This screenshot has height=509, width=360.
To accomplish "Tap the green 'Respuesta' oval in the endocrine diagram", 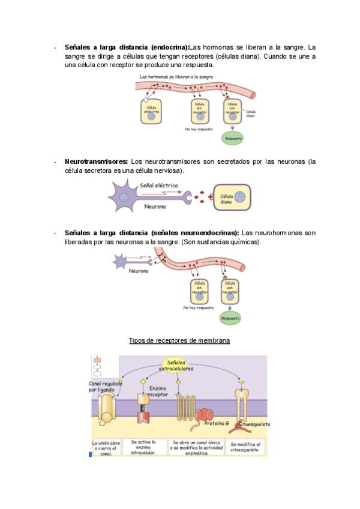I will (x=232, y=137).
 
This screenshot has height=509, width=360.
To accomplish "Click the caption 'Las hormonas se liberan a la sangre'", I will (x=176, y=77).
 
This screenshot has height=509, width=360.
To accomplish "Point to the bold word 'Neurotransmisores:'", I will (x=96, y=161).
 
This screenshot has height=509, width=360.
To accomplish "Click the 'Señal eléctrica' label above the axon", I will (x=158, y=186).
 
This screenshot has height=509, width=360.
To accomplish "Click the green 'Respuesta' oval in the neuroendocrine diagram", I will (x=230, y=318).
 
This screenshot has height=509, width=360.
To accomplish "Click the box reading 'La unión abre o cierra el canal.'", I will (x=106, y=447).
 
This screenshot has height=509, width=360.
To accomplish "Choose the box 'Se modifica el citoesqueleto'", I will (x=245, y=447).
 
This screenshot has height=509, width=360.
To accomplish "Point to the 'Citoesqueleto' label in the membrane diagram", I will (x=254, y=424).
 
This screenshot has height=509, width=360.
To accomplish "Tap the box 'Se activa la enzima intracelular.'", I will (x=143, y=447).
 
